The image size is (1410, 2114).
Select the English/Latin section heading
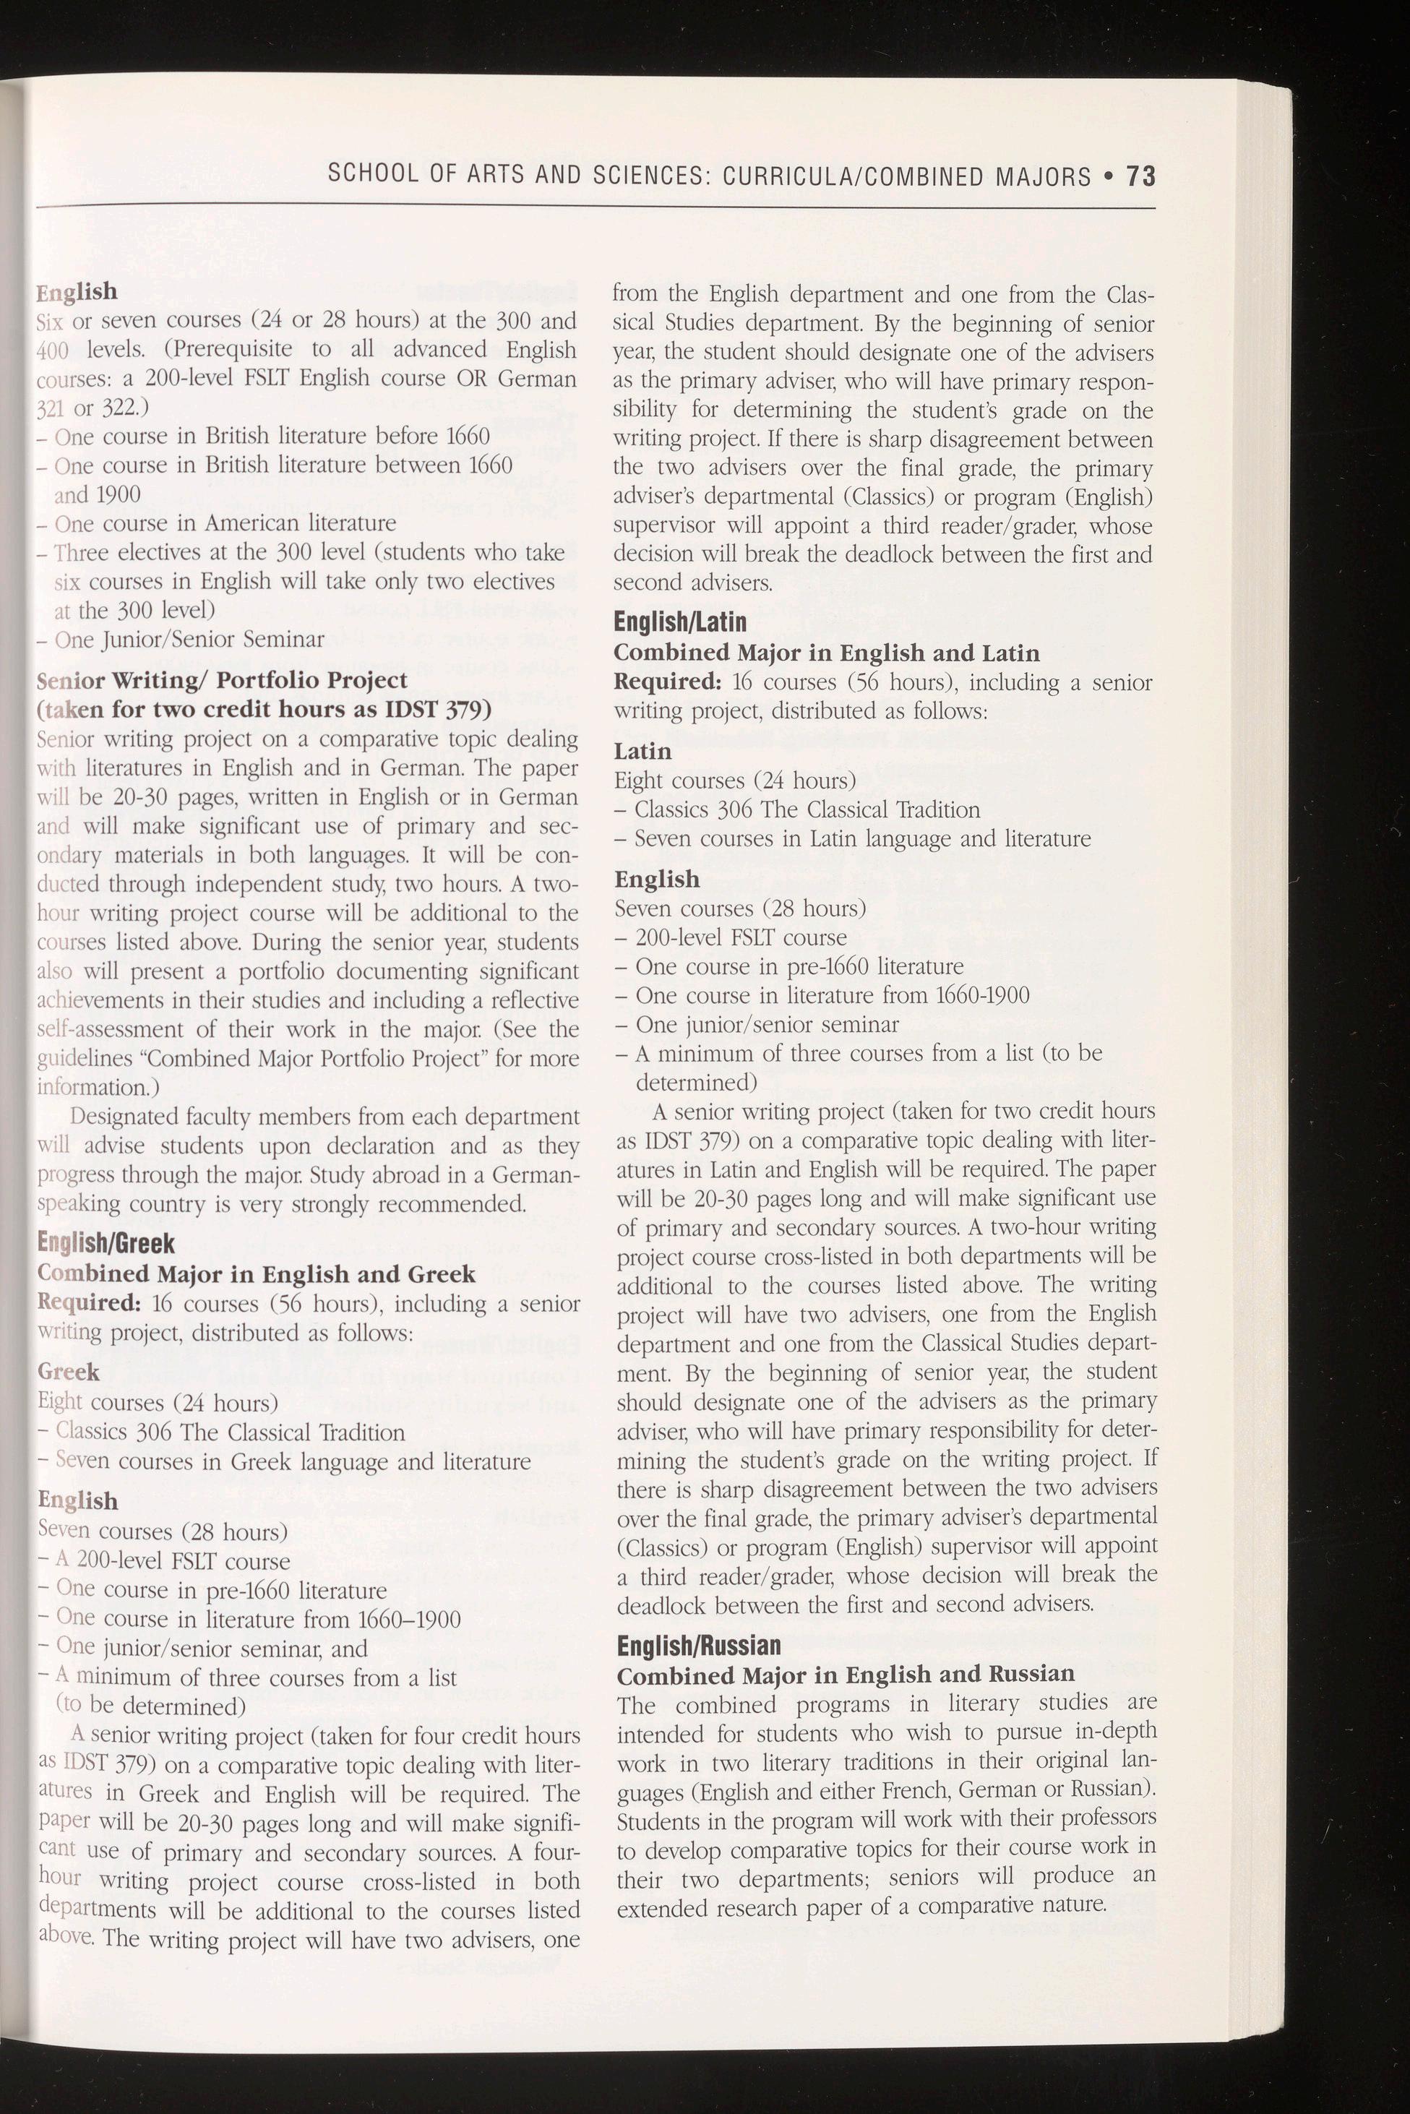point(680,622)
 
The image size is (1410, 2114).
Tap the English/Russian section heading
point(699,1645)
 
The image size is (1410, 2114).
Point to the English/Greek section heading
point(106,1244)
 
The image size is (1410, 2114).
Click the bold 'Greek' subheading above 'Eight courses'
point(69,1371)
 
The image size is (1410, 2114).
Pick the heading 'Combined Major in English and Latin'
point(826,652)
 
